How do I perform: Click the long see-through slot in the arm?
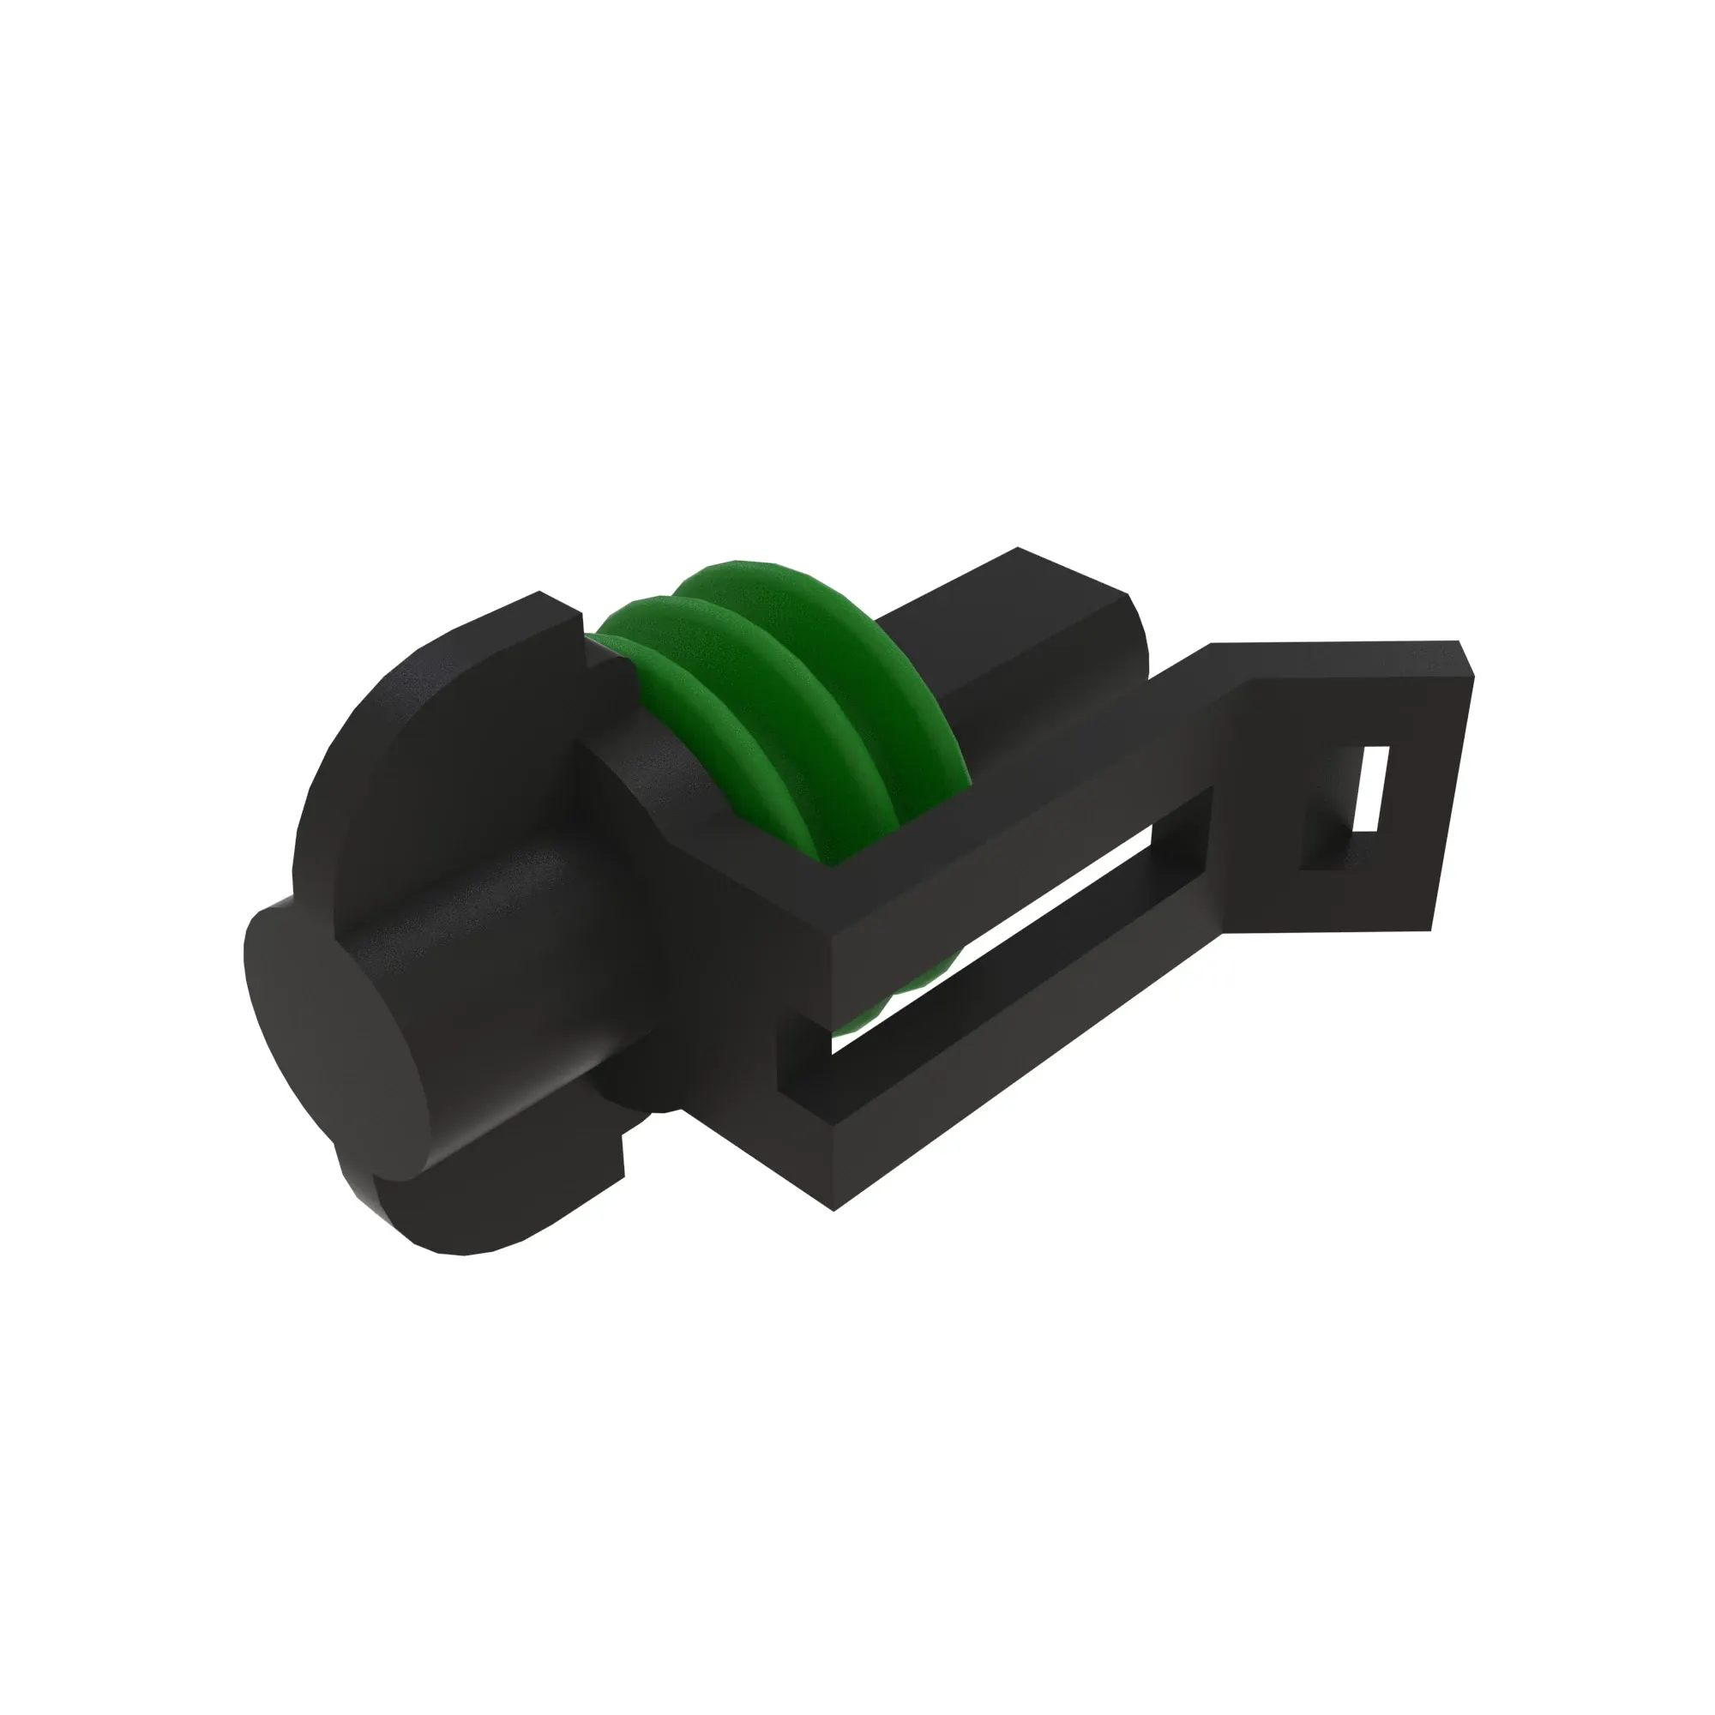tap(1020, 924)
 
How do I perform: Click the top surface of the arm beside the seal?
tap(1020, 781)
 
